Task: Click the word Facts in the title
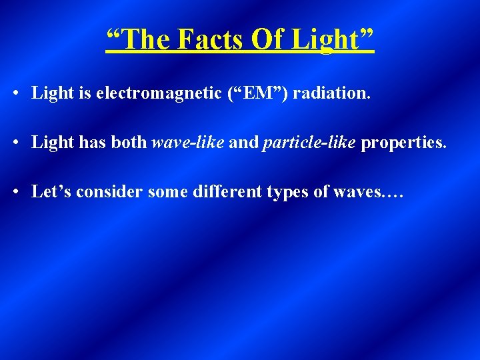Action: [x=209, y=40]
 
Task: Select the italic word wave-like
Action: [x=189, y=143]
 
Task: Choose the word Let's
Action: [x=51, y=192]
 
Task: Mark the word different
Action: [x=221, y=192]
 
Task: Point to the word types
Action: [x=291, y=193]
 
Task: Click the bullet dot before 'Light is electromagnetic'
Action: [x=15, y=93]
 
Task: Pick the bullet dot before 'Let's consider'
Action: [x=15, y=193]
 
